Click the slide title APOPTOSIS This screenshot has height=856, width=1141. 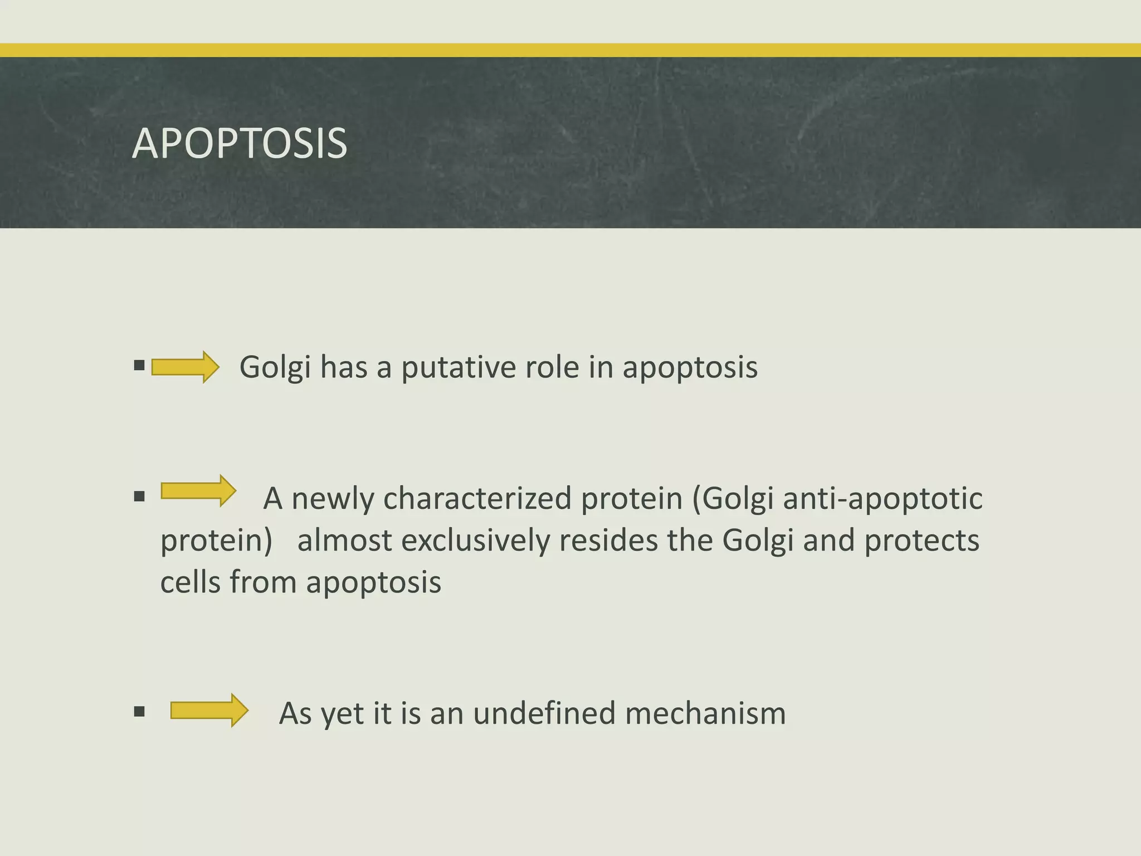[x=240, y=144]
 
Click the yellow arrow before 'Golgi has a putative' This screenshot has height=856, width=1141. [x=185, y=367]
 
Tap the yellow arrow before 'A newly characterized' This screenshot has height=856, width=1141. [x=198, y=491]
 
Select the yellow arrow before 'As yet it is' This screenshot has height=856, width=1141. [x=209, y=711]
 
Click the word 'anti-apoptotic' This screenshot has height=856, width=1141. [x=882, y=499]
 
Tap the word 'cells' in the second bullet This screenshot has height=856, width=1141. [x=189, y=582]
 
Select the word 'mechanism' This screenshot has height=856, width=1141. [x=705, y=713]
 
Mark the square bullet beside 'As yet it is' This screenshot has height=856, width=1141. [x=139, y=712]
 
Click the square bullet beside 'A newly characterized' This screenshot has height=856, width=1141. [x=139, y=496]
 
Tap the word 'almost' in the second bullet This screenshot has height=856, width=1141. [x=344, y=541]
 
